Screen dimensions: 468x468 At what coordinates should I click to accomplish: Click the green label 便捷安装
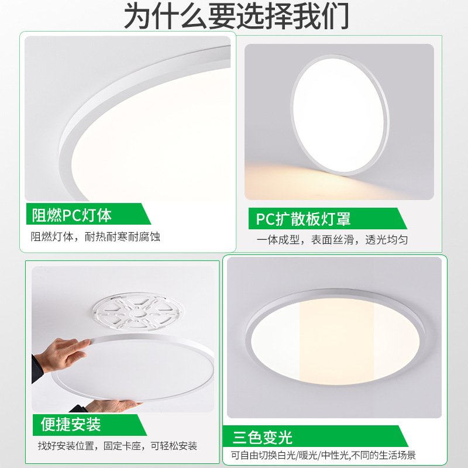click(x=71, y=424)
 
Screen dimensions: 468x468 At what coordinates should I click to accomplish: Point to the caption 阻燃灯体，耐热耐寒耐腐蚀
click(x=95, y=237)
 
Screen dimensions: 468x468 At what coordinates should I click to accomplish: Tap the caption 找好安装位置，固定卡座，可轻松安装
click(x=118, y=446)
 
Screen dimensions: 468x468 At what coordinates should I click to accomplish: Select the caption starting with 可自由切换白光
click(x=331, y=456)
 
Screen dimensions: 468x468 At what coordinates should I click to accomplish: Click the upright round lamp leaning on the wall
click(x=339, y=114)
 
